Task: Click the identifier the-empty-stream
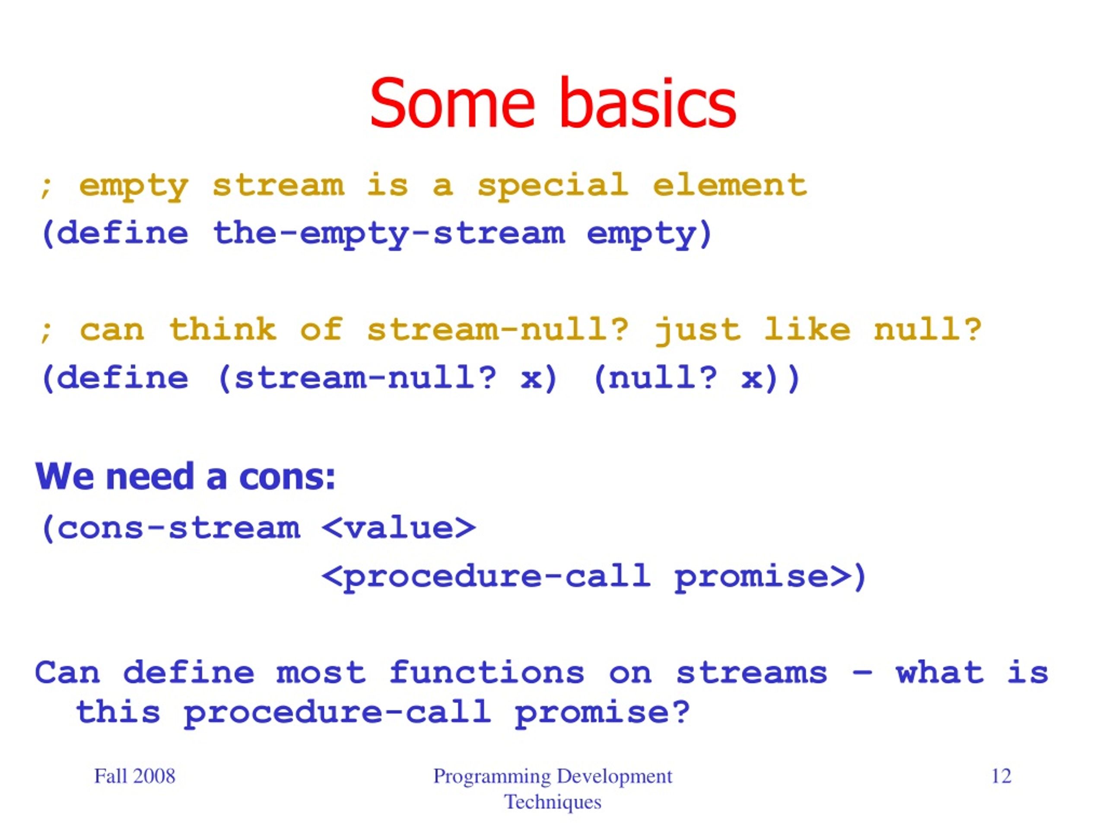[388, 233]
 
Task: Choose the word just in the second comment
[697, 330]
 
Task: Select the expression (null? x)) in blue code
[697, 378]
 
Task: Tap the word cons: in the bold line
[287, 476]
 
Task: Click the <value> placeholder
[398, 527]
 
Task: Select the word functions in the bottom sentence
[486, 671]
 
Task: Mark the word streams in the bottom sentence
[751, 672]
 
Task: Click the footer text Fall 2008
[134, 776]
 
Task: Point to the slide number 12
[1001, 776]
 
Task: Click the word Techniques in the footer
[553, 802]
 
